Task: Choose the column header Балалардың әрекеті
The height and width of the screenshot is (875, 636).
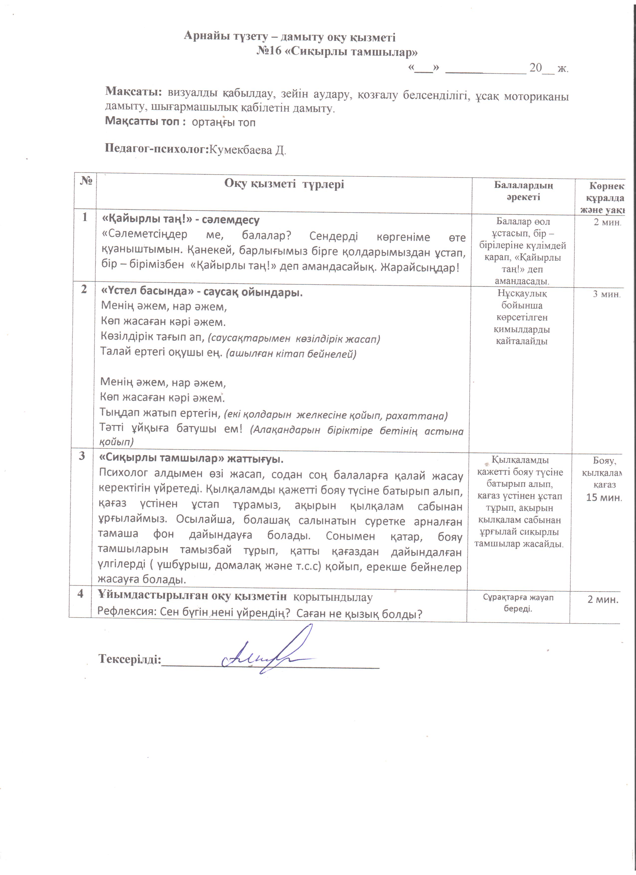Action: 523,191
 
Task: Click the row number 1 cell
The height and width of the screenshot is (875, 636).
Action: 85,217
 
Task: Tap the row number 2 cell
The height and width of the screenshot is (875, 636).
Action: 84,289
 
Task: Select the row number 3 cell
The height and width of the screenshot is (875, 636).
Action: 82,456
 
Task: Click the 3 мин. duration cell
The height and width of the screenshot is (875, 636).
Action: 606,294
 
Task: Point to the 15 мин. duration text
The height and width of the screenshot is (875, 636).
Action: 604,498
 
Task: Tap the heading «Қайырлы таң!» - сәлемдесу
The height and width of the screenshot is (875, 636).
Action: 180,220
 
